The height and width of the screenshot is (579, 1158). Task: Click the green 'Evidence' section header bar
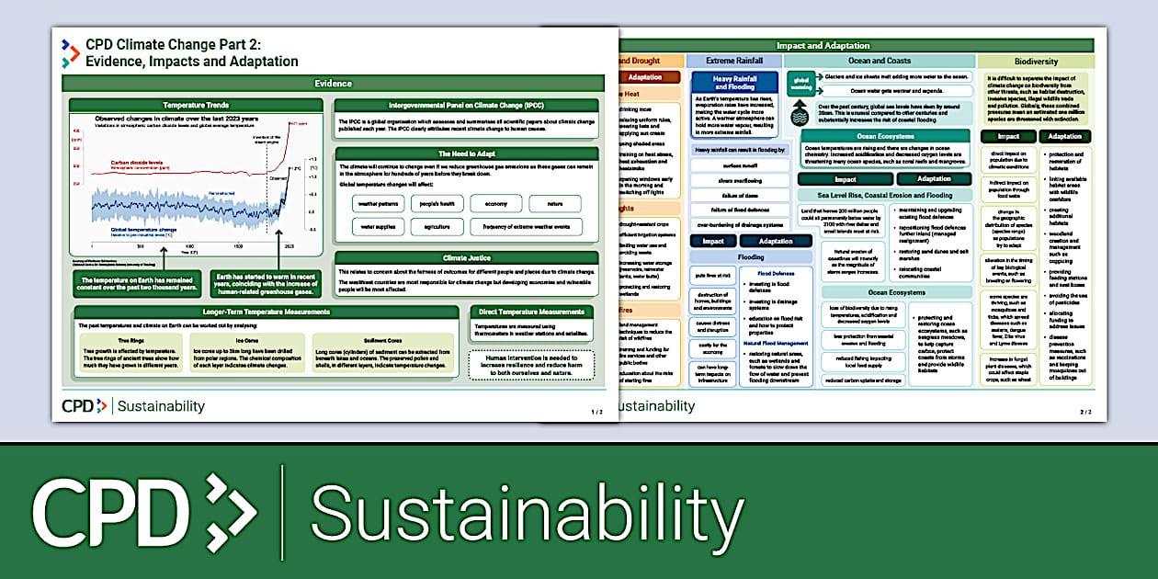click(333, 84)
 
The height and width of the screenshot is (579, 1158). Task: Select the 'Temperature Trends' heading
click(196, 106)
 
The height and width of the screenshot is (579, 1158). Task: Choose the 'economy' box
click(495, 203)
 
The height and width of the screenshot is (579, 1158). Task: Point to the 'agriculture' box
click(437, 226)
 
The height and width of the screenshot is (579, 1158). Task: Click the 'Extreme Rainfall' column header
click(733, 61)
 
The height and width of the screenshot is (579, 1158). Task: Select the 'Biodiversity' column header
click(1035, 61)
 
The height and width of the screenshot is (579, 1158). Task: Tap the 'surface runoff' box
click(740, 165)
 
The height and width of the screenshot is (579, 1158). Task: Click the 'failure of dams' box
click(740, 196)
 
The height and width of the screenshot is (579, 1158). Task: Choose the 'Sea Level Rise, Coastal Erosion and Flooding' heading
click(884, 195)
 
